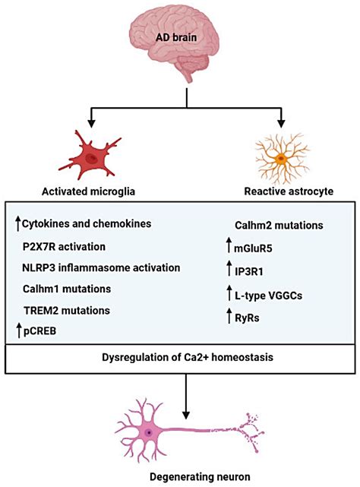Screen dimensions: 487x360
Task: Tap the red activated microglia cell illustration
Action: pyautogui.click(x=90, y=157)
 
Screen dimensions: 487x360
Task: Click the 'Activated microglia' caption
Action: pyautogui.click(x=89, y=192)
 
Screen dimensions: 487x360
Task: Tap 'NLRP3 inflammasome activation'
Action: pyautogui.click(x=101, y=267)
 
